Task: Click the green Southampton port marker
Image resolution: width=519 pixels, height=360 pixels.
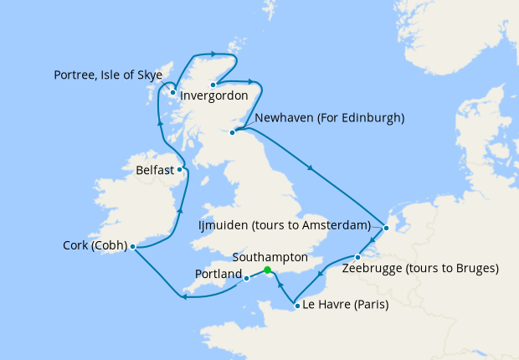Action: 267,270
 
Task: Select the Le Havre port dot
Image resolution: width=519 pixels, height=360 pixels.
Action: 297,306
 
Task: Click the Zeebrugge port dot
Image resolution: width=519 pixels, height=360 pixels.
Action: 358,256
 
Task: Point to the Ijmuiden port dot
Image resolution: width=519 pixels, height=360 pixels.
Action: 385,227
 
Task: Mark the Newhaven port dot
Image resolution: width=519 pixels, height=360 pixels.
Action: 233,132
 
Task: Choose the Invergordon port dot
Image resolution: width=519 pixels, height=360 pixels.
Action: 213,85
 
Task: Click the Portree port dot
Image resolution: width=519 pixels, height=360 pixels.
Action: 172,93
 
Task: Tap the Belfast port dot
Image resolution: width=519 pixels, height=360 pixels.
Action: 179,169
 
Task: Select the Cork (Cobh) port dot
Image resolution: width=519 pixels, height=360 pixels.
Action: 133,246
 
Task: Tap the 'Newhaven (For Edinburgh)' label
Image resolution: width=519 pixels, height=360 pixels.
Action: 329,118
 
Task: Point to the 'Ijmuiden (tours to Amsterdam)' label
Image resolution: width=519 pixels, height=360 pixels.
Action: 285,226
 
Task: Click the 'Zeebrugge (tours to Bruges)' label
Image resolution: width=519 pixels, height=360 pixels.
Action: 420,270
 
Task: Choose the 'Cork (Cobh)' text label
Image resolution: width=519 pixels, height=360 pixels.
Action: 95,246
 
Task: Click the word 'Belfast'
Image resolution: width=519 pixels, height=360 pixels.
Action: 154,170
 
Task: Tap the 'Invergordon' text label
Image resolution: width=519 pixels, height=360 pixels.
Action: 216,97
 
